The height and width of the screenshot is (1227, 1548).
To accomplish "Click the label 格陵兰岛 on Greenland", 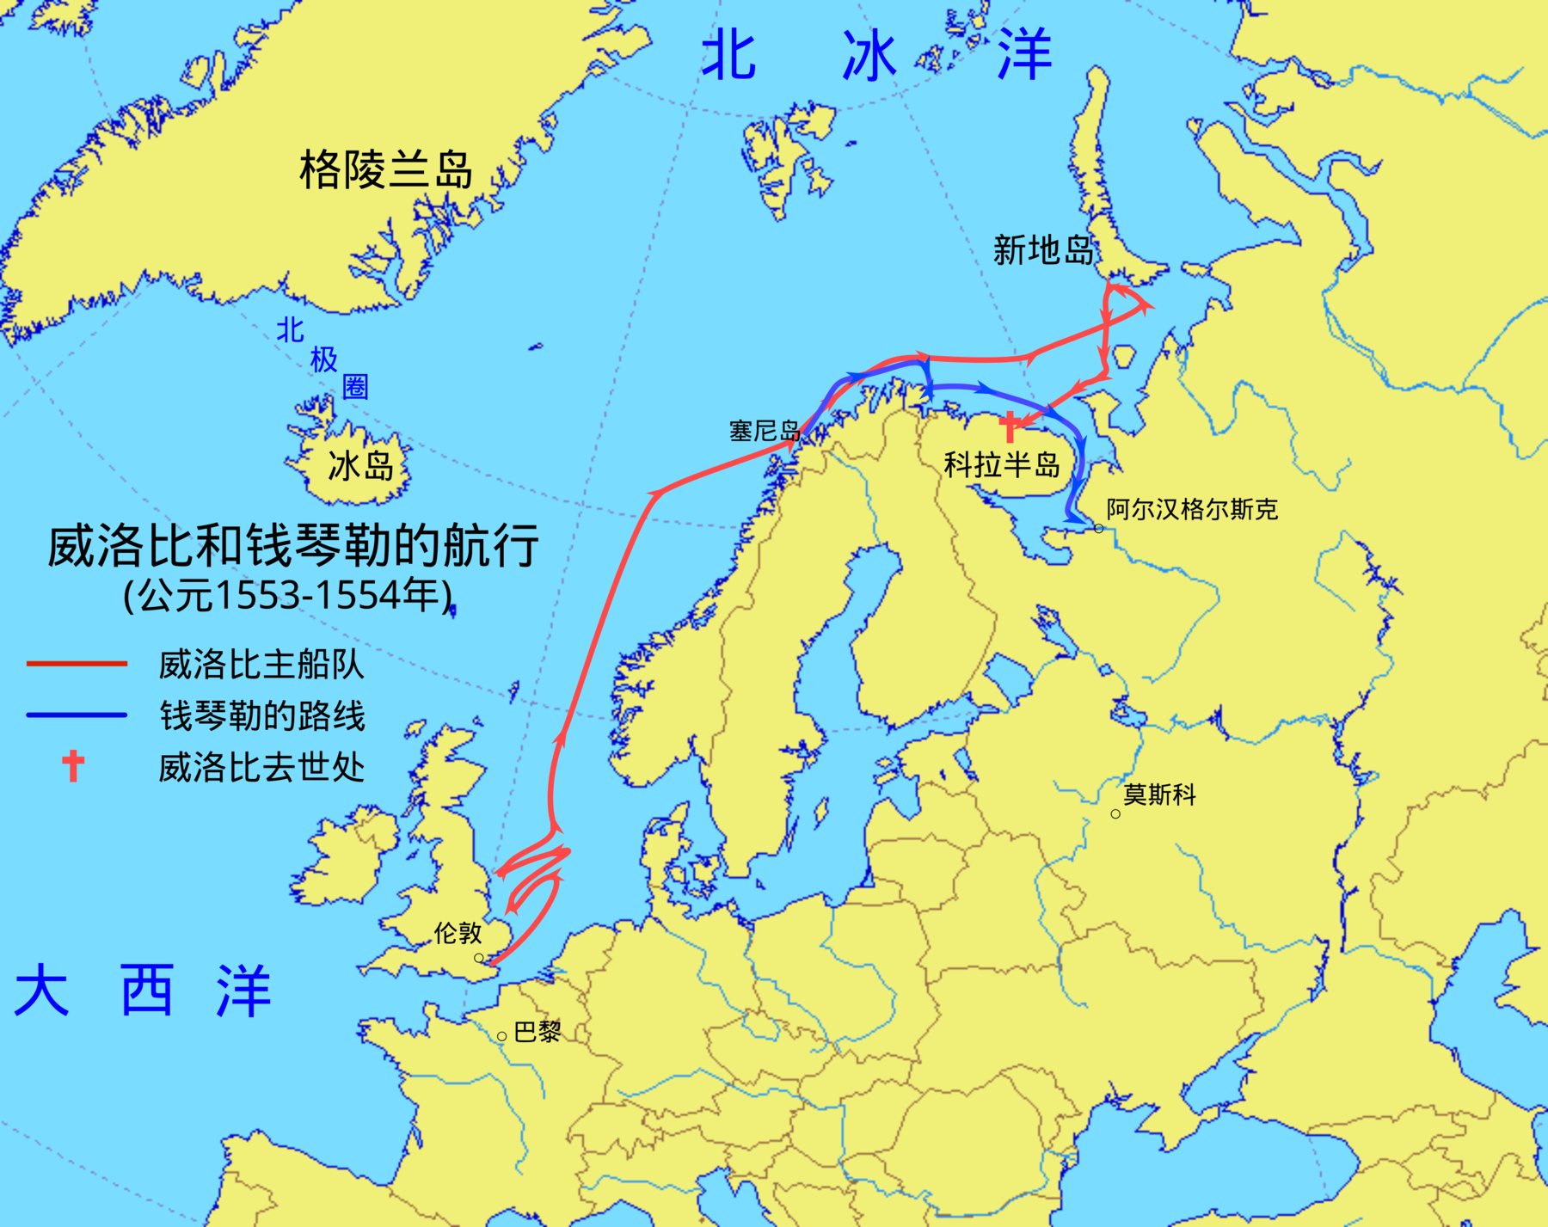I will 385,169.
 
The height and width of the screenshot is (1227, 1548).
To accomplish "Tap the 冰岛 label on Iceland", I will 360,466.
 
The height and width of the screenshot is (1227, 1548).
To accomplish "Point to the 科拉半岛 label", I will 1002,465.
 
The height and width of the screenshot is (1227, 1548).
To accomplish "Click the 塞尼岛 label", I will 764,431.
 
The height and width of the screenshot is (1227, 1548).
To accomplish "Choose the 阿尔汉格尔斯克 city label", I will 1192,509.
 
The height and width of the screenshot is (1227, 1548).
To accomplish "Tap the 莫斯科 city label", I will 1159,794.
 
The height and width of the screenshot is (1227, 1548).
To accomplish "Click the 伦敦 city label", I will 458,933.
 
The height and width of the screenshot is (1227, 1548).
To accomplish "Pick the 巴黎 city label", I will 537,1032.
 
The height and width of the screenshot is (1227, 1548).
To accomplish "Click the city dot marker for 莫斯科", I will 1115,813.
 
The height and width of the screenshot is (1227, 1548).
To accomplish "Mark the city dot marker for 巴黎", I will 501,1036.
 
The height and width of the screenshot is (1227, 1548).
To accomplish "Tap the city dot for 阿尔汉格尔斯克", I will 1099,528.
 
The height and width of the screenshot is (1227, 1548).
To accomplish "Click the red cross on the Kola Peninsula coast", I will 1010,426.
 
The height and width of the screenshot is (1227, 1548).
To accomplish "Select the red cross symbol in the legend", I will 74,765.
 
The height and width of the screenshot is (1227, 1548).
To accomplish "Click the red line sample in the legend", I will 77,664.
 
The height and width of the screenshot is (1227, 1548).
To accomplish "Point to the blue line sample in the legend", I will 77,715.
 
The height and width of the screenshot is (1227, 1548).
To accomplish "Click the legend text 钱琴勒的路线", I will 262,715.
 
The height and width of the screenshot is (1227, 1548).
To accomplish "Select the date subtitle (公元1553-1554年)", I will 288,595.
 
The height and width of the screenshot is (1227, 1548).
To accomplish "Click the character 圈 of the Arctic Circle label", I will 355,387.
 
